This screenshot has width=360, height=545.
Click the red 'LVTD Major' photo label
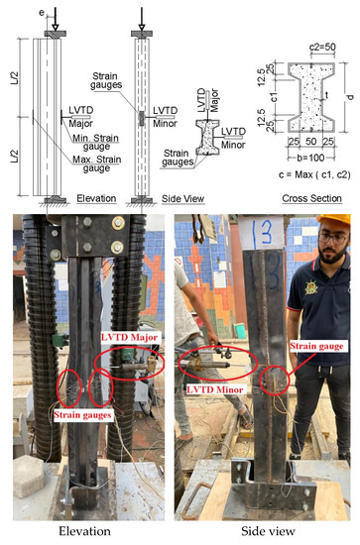(129, 337)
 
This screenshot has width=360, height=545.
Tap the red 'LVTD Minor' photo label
(214, 389)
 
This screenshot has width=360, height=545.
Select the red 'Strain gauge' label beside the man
(316, 346)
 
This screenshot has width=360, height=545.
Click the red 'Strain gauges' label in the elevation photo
(82, 414)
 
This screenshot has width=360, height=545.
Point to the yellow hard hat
(333, 220)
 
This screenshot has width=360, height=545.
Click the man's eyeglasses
(333, 238)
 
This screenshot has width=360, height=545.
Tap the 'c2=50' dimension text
(322, 48)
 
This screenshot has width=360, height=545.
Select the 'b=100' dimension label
(311, 158)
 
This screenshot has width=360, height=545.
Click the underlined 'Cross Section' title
(311, 198)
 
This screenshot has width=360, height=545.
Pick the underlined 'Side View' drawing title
(182, 199)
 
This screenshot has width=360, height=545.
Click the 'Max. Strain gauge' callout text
(97, 164)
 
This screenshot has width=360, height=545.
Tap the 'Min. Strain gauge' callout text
(95, 143)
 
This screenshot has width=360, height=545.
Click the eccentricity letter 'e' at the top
(42, 13)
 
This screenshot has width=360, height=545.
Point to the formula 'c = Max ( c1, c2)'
(314, 174)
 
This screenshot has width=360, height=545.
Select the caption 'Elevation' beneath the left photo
(84, 531)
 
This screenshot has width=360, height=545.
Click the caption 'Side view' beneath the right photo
(268, 531)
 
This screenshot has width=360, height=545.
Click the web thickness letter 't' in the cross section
(326, 95)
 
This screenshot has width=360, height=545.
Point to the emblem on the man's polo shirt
(311, 287)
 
